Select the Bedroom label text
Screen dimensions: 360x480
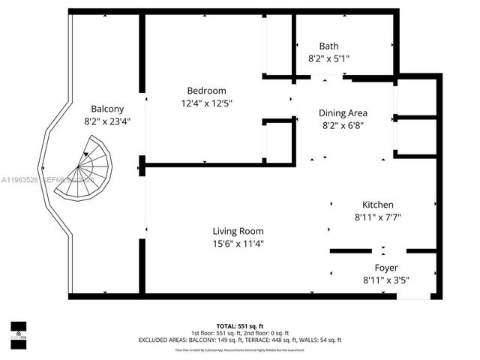pos(206,91)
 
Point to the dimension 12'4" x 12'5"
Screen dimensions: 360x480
pos(206,103)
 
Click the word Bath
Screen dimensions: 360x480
pos(328,46)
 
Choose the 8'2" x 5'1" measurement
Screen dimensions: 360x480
pos(328,58)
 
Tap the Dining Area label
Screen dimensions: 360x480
pos(343,114)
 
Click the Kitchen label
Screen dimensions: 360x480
pos(377,205)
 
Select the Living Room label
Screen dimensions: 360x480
pos(238,231)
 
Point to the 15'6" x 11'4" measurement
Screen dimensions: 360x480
pos(238,243)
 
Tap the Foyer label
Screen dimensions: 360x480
pos(386,268)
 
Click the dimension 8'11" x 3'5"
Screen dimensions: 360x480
pos(386,280)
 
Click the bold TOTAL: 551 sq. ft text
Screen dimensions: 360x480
pos(241,327)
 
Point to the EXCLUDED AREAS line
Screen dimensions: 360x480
pos(241,340)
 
